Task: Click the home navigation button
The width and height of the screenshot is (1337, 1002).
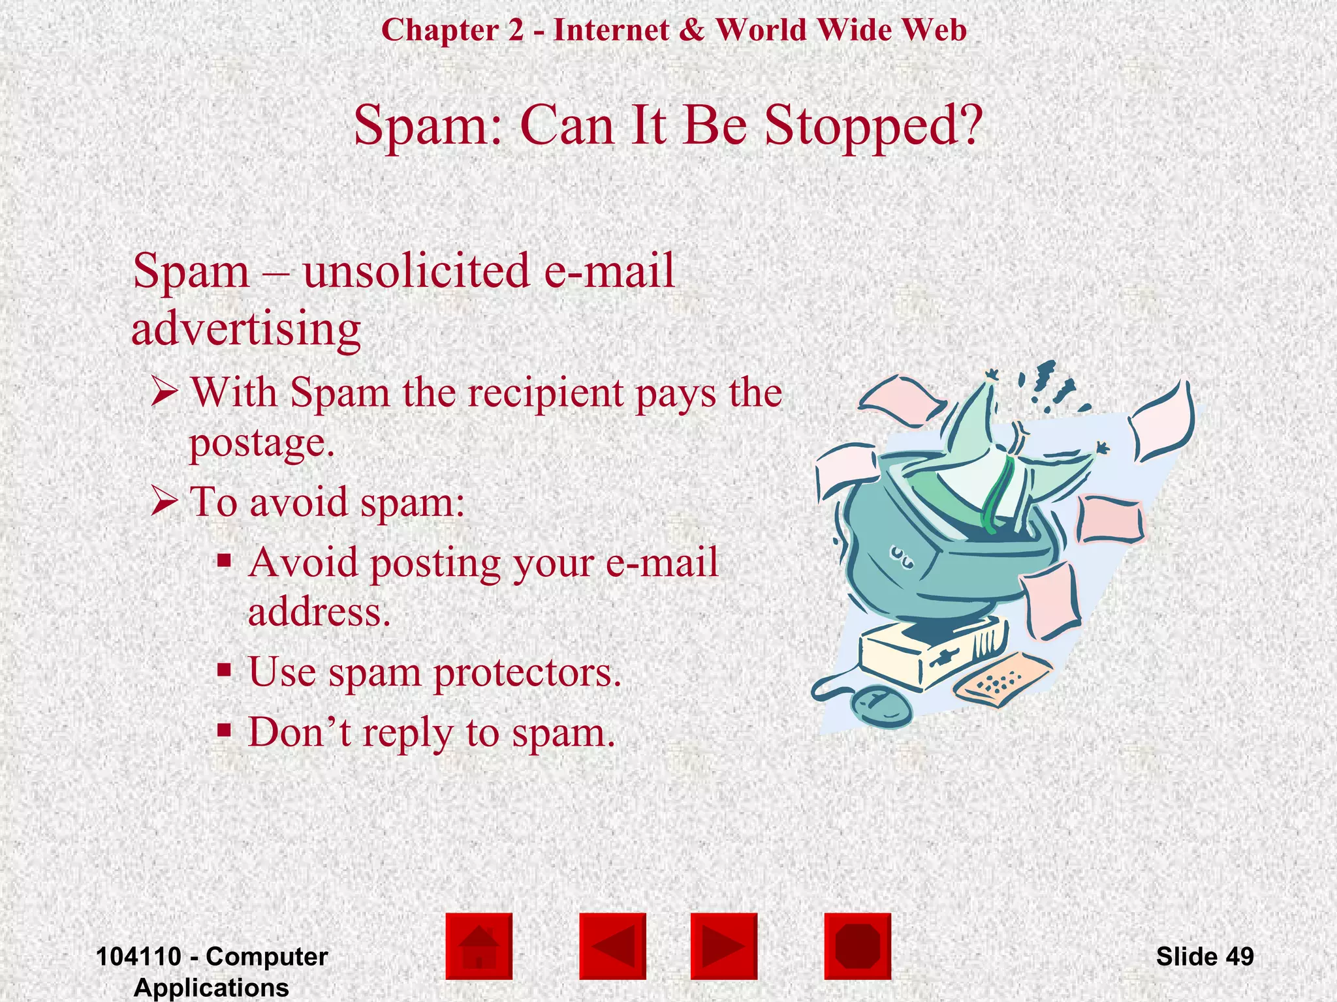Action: [x=479, y=946]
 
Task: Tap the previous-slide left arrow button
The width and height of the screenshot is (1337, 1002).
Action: [x=612, y=946]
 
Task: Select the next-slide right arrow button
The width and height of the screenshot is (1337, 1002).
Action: [x=723, y=946]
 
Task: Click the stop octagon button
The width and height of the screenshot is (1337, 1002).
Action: [x=857, y=946]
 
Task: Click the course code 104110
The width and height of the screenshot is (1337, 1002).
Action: [x=138, y=956]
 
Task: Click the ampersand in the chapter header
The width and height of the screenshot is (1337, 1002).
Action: [x=691, y=30]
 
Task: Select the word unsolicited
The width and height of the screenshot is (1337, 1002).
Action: [x=417, y=271]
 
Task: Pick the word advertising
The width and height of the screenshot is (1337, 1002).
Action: [x=246, y=329]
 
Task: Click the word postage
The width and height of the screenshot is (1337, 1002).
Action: [x=261, y=443]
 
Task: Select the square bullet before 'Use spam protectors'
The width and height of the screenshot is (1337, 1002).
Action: [x=225, y=670]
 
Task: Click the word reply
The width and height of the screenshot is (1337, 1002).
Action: [x=408, y=733]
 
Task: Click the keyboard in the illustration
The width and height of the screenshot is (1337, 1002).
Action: [x=1002, y=680]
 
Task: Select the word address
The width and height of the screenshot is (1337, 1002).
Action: [x=319, y=613]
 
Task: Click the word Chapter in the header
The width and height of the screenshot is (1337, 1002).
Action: [x=440, y=30]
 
